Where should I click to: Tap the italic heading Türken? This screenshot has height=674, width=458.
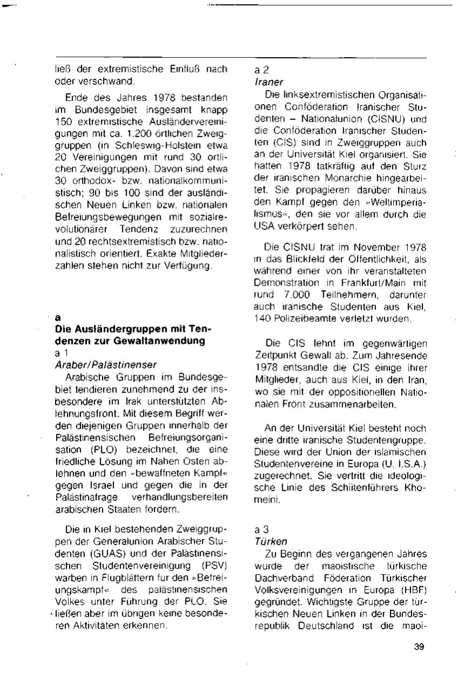click(268, 540)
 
